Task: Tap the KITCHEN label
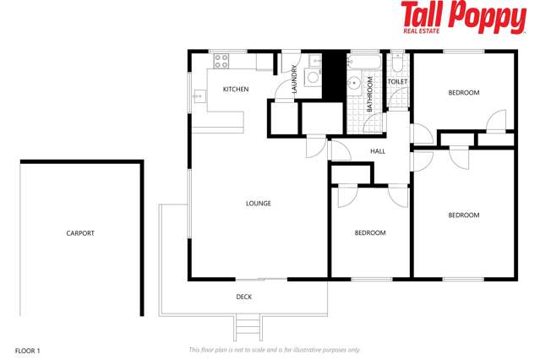click(235, 89)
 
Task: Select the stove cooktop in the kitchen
click(222, 61)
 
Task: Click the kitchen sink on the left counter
click(198, 96)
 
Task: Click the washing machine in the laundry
click(313, 77)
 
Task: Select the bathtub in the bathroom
click(366, 63)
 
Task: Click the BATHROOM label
click(369, 95)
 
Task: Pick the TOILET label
click(398, 82)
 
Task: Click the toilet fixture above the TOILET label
click(398, 64)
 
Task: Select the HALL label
click(378, 151)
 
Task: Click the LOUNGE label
click(259, 203)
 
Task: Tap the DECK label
click(244, 297)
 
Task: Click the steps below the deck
click(248, 326)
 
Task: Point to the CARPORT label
click(80, 233)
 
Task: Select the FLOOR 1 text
click(28, 349)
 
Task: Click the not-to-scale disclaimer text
click(275, 349)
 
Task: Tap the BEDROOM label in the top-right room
click(463, 92)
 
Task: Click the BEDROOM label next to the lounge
click(370, 232)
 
